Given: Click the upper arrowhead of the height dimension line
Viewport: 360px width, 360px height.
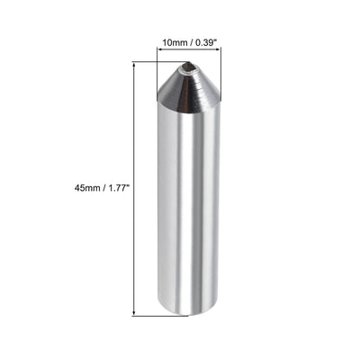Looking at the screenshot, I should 134,65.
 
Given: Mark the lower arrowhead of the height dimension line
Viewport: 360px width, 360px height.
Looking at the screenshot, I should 134,311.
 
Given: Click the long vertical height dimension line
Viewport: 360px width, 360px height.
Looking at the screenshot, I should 134,234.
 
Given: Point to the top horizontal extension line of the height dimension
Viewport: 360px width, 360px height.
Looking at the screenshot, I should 148,61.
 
